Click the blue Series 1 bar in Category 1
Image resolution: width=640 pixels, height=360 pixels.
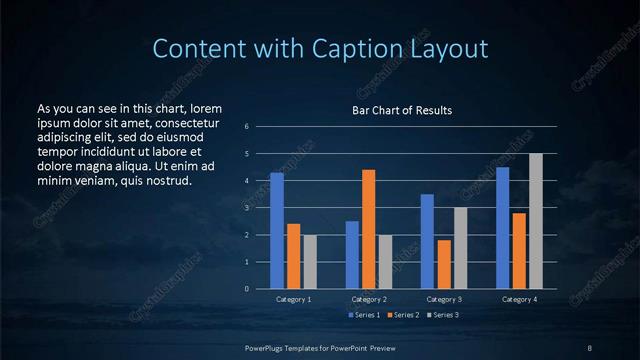[x=277, y=231]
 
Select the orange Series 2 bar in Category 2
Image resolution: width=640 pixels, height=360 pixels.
[x=369, y=229]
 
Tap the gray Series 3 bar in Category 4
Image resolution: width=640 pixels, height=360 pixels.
[x=536, y=221]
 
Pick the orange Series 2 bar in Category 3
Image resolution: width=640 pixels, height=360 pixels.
[x=444, y=264]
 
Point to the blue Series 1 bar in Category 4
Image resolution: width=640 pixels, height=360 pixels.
[x=502, y=228]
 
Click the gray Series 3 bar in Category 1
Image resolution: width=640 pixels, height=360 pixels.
[x=310, y=262]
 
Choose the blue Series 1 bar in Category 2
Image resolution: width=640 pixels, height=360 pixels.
[x=352, y=255]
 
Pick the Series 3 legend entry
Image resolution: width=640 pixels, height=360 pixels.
[x=444, y=315]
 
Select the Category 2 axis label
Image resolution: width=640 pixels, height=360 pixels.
[x=368, y=299]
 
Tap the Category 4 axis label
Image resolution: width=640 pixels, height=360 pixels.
[x=519, y=299]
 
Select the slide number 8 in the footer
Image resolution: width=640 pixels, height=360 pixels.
[x=589, y=347]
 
